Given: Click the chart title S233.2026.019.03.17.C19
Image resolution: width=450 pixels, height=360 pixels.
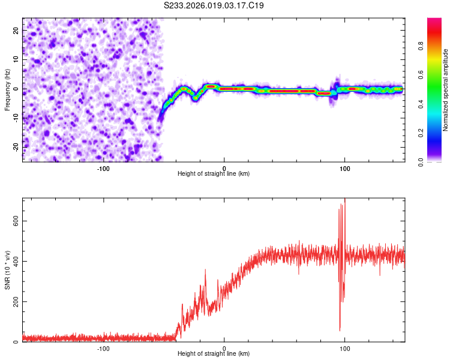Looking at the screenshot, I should (x=214, y=5).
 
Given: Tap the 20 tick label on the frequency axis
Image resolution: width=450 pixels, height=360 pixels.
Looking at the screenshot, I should (x=16, y=29).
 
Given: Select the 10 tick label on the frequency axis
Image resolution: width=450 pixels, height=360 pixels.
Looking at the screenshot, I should (x=16, y=59).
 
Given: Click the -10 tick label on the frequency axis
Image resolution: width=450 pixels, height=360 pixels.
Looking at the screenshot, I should (x=14, y=118).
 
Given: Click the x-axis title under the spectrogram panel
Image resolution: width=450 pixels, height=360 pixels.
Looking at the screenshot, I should (x=214, y=173).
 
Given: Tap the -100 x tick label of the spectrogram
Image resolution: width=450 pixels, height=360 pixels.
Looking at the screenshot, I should (x=103, y=169).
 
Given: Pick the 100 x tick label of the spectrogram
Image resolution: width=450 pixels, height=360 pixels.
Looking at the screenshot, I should (x=345, y=169).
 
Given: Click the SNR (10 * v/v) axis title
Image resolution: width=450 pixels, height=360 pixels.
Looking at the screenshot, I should (x=7, y=270).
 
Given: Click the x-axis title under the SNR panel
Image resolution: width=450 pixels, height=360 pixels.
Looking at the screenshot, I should (x=214, y=353).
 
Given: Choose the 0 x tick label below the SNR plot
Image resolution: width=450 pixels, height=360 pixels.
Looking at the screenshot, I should (x=224, y=349).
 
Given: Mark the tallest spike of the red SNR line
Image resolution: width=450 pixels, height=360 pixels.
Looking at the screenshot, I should (x=344, y=199).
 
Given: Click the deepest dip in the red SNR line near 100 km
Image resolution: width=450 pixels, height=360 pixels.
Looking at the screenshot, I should (x=340, y=330).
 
